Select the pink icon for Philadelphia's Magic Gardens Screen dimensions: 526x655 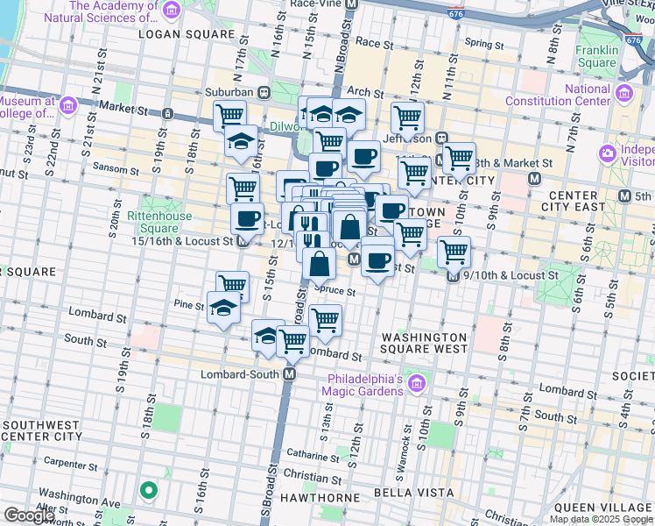(415, 384)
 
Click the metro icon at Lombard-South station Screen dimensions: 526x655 (288, 374)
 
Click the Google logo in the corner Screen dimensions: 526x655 (29, 515)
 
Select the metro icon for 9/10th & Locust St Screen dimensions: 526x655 (453, 275)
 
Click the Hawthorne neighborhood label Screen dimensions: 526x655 (320, 497)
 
